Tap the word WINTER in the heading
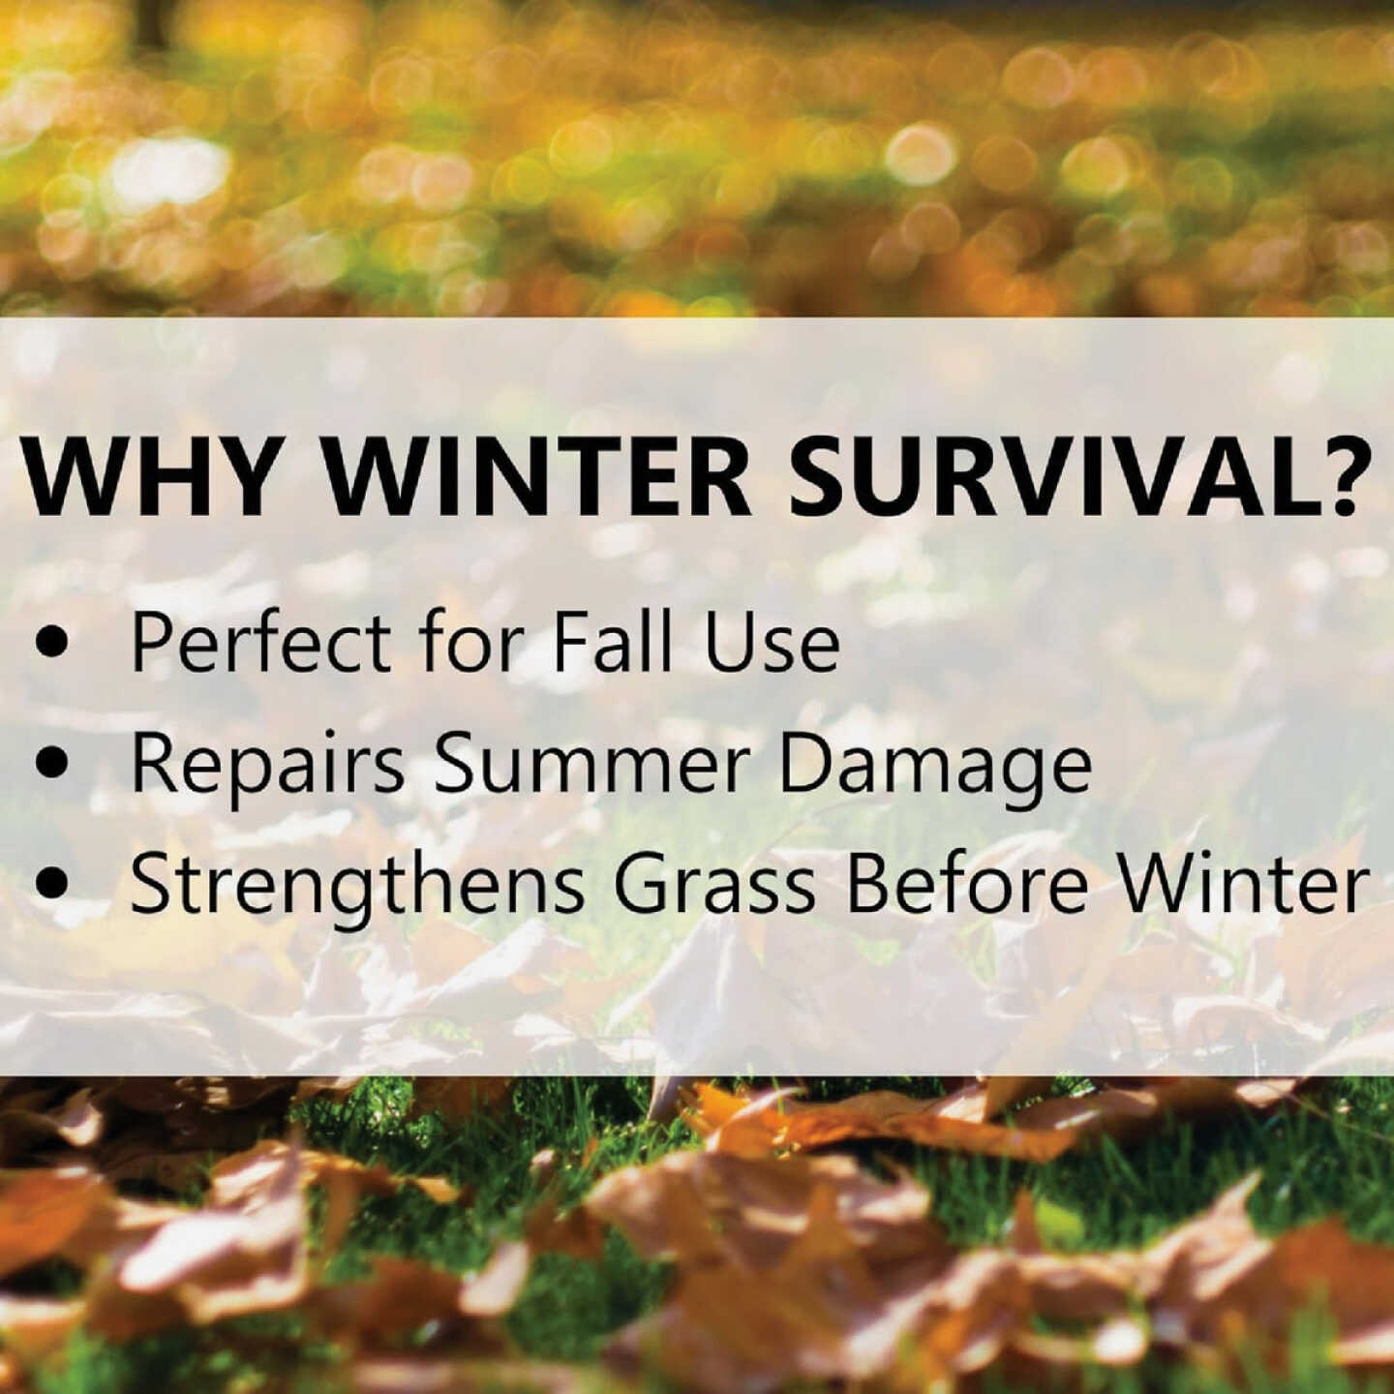(533, 478)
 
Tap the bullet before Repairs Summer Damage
(54, 764)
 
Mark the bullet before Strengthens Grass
(54, 884)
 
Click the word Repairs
(267, 766)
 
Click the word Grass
(715, 884)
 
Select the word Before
(968, 884)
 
